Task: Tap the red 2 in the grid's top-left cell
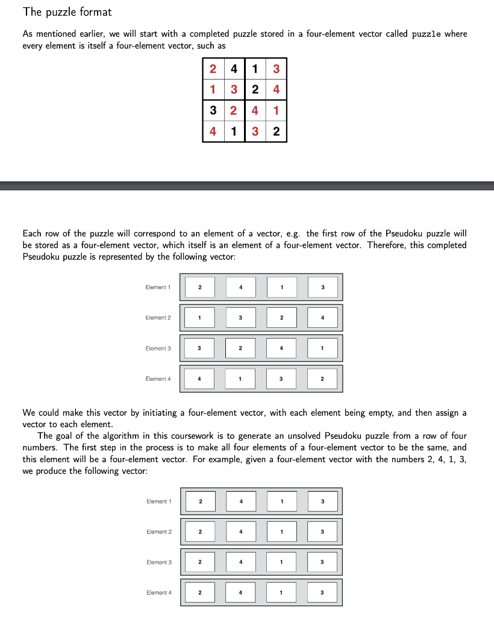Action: (213, 69)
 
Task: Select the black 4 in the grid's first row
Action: (234, 69)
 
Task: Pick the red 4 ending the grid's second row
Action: (276, 90)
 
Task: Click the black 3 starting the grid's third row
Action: (213, 111)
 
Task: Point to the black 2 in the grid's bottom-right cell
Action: (276, 132)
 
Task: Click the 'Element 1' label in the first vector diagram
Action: (158, 287)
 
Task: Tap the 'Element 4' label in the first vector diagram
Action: (158, 378)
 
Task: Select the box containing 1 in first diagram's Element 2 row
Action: (199, 318)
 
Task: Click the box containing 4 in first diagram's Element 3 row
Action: (281, 348)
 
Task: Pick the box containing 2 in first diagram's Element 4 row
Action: (322, 378)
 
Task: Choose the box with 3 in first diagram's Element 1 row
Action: (322, 287)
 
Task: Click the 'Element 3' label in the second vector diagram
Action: (159, 562)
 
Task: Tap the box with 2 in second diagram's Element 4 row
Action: (199, 593)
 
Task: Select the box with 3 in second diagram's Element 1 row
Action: (322, 501)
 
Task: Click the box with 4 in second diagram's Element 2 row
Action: (240, 531)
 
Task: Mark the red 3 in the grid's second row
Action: (234, 90)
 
